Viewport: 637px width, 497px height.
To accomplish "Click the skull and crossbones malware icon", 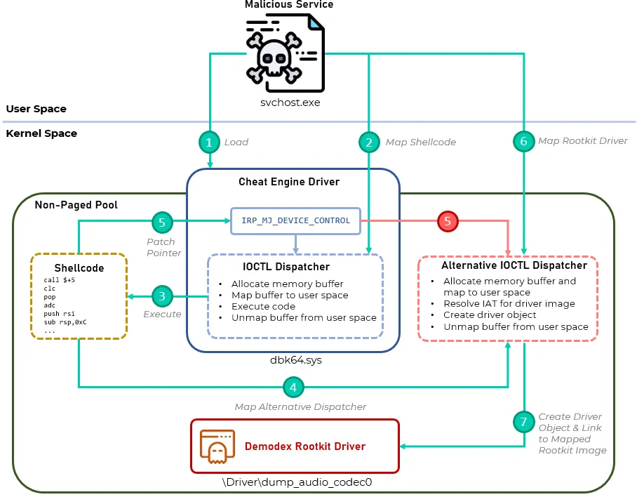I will (x=284, y=53).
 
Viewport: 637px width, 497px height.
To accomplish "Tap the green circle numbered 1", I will (x=209, y=142).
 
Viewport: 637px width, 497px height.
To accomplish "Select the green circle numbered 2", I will (x=368, y=142).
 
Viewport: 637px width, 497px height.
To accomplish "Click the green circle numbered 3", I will (x=162, y=296).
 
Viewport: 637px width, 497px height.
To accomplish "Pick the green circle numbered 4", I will (x=293, y=387).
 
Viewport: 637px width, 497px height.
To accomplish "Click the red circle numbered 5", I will (x=448, y=222).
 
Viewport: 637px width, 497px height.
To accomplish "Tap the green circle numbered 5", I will (x=162, y=222).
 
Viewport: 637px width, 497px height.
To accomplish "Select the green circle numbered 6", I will (x=523, y=142).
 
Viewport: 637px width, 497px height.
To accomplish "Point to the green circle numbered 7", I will (x=523, y=423).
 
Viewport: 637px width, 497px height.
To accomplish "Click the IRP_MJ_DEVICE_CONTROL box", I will (x=295, y=220).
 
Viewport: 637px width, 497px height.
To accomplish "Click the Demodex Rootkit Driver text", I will (x=304, y=446).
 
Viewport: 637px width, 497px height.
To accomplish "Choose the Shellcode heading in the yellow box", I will (x=79, y=268).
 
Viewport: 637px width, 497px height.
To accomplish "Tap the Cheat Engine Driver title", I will (x=289, y=182).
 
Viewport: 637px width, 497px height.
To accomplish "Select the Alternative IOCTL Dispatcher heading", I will (x=514, y=266).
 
